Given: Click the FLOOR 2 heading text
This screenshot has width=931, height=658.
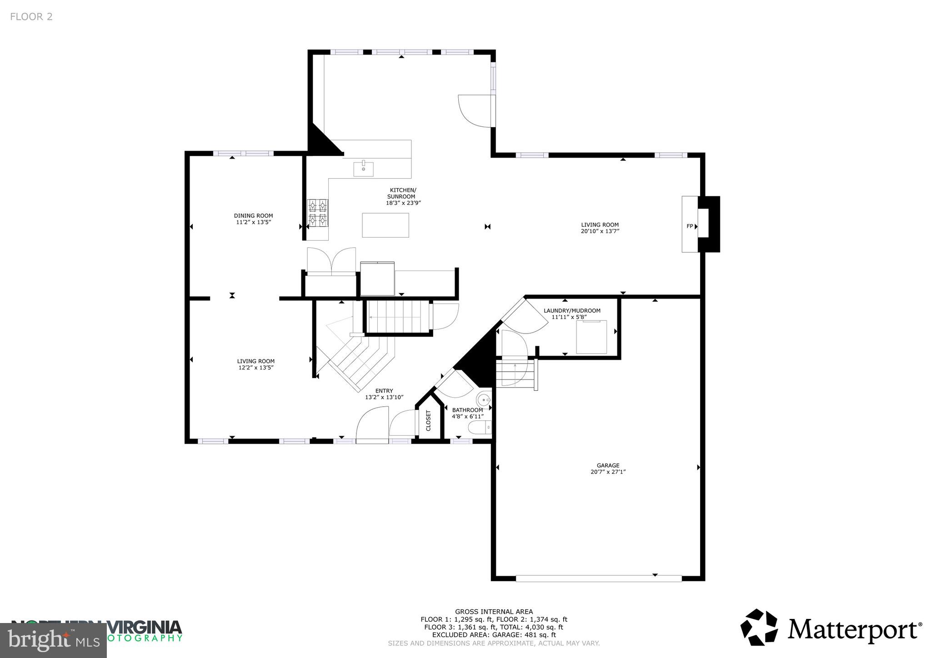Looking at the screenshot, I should pos(31,17).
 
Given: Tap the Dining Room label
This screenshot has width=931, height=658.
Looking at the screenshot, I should pos(253,216).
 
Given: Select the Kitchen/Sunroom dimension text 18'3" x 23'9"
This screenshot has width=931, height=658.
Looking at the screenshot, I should pos(403,203).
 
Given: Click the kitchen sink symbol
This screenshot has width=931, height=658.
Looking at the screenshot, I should pos(364,169).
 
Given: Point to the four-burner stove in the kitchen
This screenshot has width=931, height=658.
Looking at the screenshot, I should pos(318,213).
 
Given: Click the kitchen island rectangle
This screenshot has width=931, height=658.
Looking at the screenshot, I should pos(385,225).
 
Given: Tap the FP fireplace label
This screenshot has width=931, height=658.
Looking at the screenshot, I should pos(690,226).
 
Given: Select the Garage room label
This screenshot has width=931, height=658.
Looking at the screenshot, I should pos(608,465).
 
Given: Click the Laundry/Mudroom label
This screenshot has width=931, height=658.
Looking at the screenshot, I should pos(572,311).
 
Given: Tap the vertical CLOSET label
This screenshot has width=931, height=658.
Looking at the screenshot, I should pos(428,421).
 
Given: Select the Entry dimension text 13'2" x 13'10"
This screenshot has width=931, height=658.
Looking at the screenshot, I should pos(384,397).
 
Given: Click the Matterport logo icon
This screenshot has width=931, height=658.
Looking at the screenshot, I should pos(759,627).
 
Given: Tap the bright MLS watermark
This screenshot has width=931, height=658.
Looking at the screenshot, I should pos(53,640).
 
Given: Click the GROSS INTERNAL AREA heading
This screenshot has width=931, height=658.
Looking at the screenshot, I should pos(494,612).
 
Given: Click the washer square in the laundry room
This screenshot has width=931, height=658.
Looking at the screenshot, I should pos(591,337).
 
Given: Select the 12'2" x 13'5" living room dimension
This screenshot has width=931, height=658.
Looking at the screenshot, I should pos(255,368).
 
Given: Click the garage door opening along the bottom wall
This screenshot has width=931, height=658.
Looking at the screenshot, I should pos(599,578).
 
